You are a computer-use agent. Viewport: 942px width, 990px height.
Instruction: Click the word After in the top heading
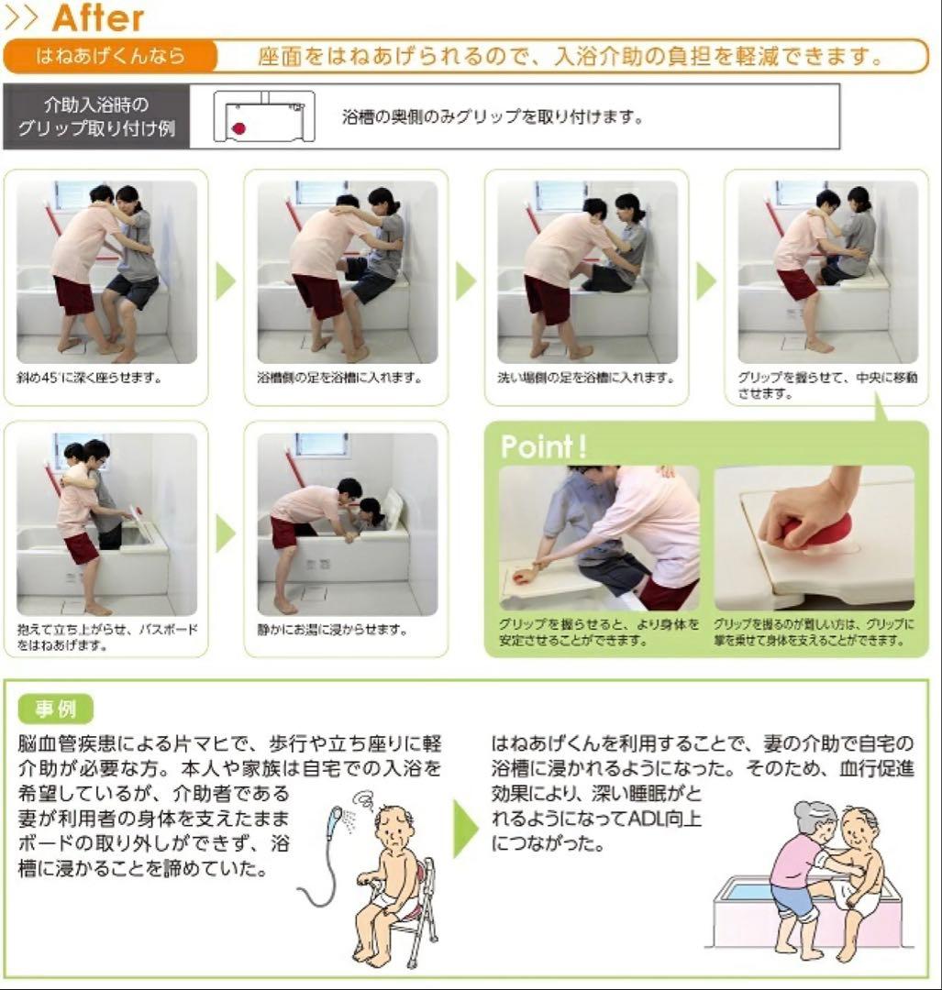pyautogui.click(x=98, y=16)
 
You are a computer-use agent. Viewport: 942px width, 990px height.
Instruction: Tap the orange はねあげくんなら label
pyautogui.click(x=110, y=56)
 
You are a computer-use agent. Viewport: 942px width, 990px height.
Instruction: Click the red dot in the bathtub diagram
pyautogui.click(x=238, y=129)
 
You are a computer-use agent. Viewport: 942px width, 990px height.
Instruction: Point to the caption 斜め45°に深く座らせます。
pyautogui.click(x=89, y=378)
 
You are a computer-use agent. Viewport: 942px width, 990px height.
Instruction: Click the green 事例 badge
pyautogui.click(x=56, y=709)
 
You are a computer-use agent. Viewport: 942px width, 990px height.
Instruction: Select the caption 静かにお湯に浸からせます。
pyautogui.click(x=332, y=630)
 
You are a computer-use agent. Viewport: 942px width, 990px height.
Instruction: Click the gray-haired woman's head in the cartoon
pyautogui.click(x=815, y=818)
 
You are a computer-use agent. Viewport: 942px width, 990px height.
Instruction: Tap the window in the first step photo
pyautogui.click(x=73, y=193)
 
